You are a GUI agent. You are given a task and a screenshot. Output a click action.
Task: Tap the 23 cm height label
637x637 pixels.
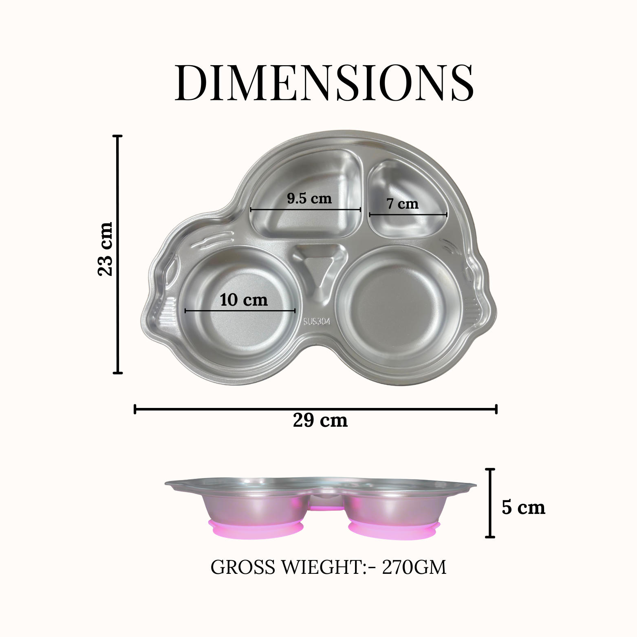(105, 249)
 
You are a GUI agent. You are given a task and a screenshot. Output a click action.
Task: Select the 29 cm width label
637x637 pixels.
(320, 420)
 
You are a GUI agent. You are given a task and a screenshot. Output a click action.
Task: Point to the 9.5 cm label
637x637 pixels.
(309, 198)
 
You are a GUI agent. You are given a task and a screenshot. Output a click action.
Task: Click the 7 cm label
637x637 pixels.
(403, 203)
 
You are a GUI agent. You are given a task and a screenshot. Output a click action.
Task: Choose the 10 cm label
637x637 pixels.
(244, 300)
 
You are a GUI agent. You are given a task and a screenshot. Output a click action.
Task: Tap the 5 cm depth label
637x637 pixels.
(523, 507)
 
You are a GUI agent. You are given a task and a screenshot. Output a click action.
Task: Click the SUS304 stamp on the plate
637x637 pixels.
(317, 321)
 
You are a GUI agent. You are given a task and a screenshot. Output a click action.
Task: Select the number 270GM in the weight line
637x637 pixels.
(414, 567)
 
